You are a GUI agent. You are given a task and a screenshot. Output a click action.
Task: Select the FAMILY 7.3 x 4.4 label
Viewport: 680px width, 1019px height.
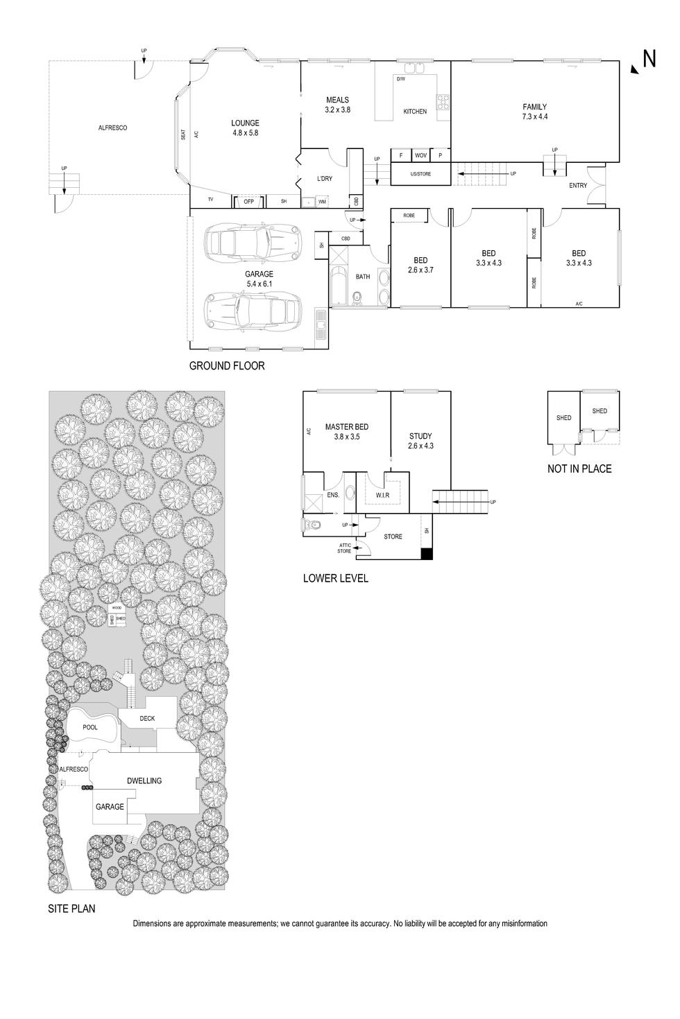534,112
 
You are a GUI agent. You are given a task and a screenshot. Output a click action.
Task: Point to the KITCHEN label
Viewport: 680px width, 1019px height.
415,112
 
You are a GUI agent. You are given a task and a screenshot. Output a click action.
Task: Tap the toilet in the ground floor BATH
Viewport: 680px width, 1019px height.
357,298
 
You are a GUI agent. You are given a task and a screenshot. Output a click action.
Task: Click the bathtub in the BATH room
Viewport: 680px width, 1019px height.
339,286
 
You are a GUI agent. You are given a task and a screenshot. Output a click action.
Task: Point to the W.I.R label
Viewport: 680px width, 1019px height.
382,496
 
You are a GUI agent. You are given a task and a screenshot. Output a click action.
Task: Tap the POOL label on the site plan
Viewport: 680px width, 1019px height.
90,727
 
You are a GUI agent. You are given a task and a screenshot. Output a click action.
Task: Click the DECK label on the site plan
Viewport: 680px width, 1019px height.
147,719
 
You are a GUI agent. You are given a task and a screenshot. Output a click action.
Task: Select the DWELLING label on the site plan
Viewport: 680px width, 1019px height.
144,781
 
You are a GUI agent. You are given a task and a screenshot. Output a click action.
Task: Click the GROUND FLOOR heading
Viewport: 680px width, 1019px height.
227,365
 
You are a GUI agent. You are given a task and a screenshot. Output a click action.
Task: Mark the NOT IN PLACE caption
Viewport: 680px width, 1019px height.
579,469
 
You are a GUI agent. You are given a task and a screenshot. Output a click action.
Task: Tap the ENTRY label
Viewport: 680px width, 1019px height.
578,186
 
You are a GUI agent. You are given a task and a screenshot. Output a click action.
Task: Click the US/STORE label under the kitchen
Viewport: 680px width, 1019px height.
420,174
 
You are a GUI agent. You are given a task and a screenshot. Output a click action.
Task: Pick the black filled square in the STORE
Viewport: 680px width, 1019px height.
427,554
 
